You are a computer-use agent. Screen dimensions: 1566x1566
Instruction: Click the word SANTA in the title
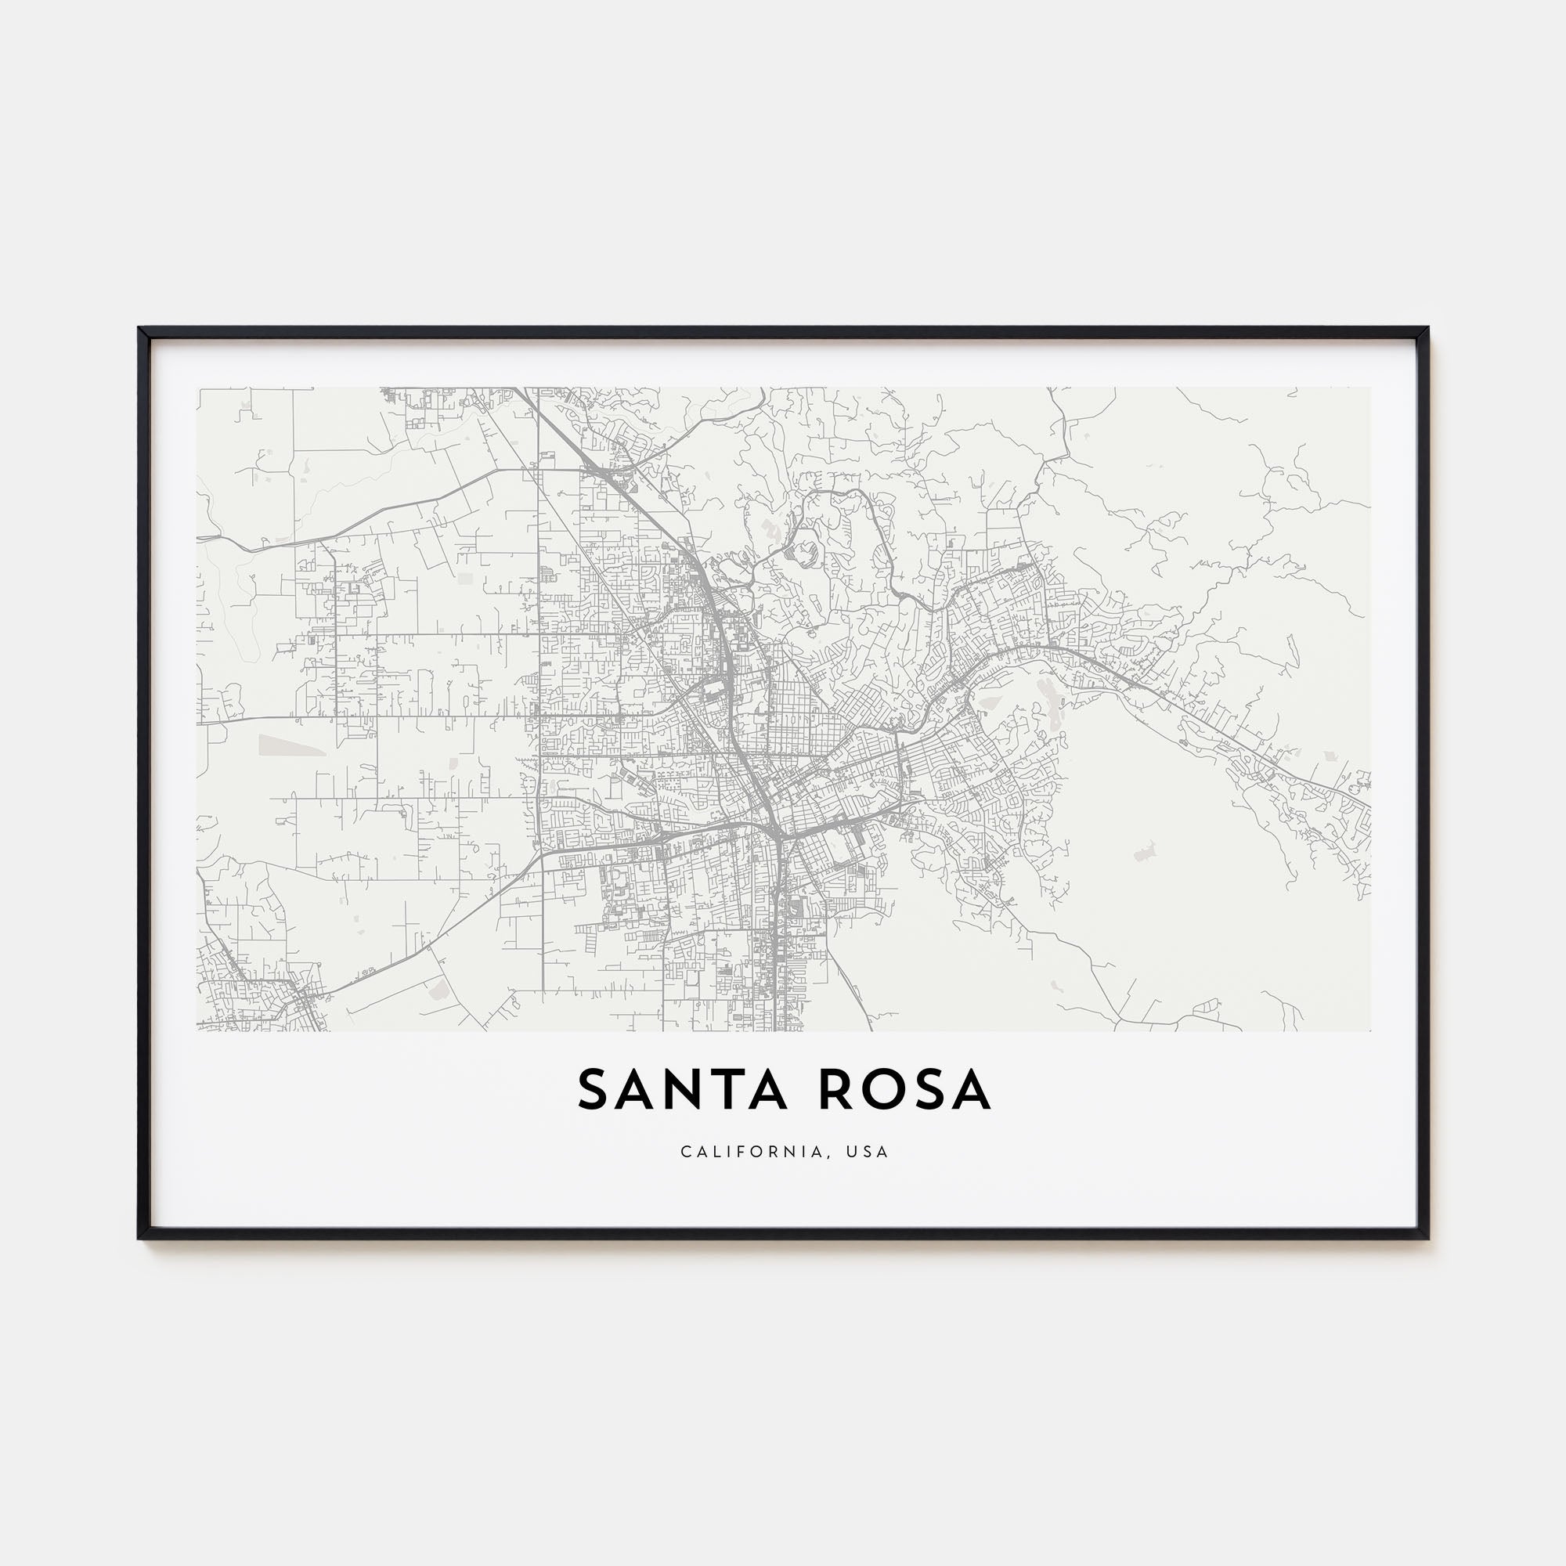point(683,1090)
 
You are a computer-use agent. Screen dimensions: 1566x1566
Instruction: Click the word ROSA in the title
point(904,1090)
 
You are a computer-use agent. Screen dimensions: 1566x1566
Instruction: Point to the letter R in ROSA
point(835,1090)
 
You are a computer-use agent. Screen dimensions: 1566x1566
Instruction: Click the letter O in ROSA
point(881,1090)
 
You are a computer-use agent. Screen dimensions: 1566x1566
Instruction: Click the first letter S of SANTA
point(593,1090)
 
